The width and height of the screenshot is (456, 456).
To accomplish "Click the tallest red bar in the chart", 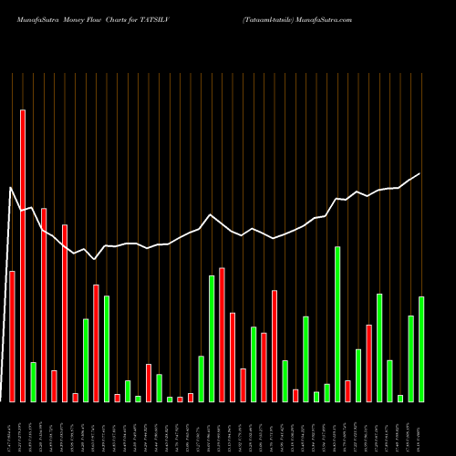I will (23, 255).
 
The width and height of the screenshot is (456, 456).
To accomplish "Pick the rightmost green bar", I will (421, 348).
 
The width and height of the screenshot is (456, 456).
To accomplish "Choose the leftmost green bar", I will (33, 381).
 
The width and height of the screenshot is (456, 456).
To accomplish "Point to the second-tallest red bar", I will (44, 305).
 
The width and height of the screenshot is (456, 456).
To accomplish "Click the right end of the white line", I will (420, 173).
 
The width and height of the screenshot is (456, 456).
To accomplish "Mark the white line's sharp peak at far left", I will (11, 188).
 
